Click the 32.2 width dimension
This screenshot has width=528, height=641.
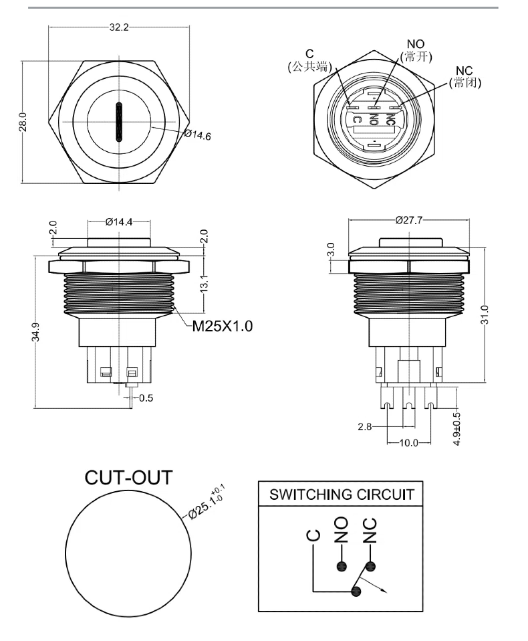[x=119, y=27]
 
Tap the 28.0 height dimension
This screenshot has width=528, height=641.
[x=22, y=122]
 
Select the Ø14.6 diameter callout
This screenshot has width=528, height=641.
[x=198, y=135]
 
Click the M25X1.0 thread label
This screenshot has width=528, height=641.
[x=223, y=327]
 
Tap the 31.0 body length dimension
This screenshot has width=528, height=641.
[x=486, y=314]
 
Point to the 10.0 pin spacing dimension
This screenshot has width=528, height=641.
[x=408, y=443]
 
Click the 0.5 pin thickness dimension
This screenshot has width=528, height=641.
[x=146, y=398]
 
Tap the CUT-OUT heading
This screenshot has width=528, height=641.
[x=128, y=478]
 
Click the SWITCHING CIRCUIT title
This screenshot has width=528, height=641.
[x=341, y=495]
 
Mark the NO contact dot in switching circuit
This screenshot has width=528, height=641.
[x=342, y=566]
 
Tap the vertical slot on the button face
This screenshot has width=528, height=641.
[x=120, y=122]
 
